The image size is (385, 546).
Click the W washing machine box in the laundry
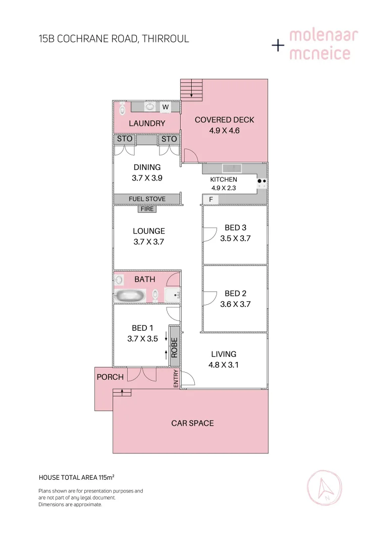(165, 107)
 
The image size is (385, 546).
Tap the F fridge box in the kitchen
(211, 200)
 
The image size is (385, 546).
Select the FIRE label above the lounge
(147, 209)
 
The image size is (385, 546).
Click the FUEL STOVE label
(147, 199)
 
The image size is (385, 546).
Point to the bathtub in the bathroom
(130, 295)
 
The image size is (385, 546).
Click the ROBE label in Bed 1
(175, 347)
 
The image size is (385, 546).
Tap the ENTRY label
(176, 379)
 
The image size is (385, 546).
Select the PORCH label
(110, 377)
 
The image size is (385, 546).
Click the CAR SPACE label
(192, 423)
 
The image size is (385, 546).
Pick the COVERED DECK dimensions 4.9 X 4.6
(224, 130)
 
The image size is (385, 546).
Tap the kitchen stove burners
(262, 181)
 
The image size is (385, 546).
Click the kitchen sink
(232, 168)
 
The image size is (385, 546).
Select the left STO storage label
(125, 139)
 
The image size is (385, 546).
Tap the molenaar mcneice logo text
(323, 44)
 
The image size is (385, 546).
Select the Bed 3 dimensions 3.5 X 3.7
(235, 239)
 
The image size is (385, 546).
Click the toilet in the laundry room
(122, 108)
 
